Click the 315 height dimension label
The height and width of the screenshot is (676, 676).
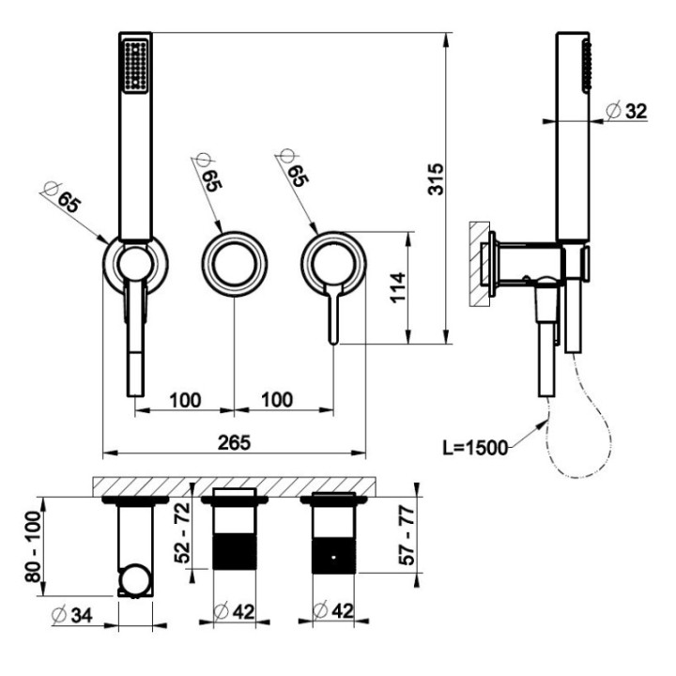pos(436,179)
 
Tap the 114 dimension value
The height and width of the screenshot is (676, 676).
pos(399,287)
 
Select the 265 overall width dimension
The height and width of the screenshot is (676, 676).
pos(234,442)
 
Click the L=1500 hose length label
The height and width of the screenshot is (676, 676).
pos(475,448)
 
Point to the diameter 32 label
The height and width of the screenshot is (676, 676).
pos(626,111)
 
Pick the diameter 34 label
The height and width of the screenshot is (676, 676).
pos(71,614)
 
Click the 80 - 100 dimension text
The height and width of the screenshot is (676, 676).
pos(33,546)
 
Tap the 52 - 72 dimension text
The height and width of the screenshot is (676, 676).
pos(182,533)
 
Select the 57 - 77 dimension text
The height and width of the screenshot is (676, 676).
pos(407,536)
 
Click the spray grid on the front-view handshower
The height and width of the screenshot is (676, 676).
pos(135,66)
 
